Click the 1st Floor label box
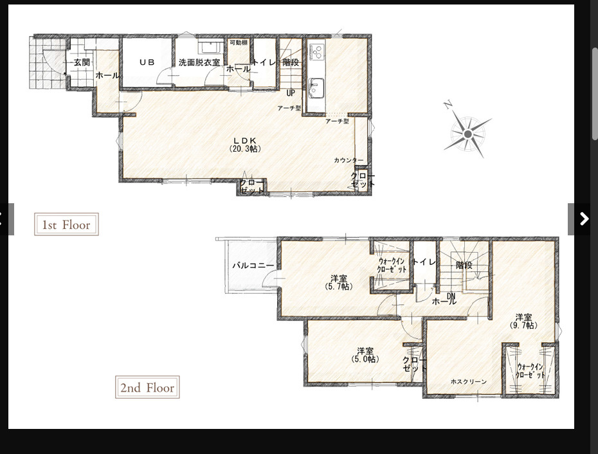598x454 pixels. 66,224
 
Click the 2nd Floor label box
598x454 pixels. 147,388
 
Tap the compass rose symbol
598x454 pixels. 467,133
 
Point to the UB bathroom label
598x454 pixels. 147,62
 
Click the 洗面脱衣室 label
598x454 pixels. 199,62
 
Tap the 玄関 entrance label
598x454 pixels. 81,62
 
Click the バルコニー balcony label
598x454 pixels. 253,265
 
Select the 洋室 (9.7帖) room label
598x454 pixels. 523,321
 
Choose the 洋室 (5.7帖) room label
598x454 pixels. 339,282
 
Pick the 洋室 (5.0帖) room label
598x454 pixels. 365,355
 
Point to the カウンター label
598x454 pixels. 349,160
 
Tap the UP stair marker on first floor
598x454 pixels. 291,93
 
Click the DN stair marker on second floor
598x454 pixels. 451,296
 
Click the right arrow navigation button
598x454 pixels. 583,219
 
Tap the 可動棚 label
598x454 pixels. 238,42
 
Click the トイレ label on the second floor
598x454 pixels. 424,262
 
